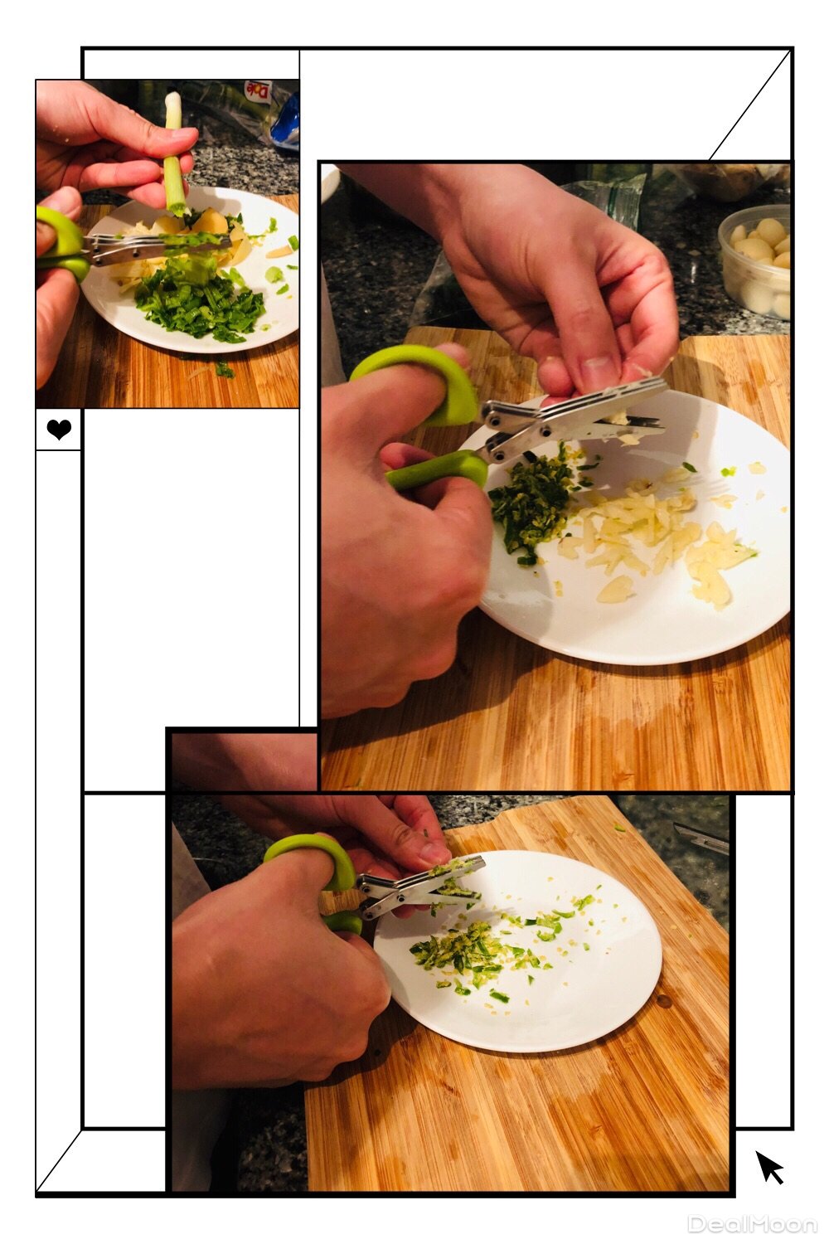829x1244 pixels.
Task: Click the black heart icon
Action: click(x=59, y=429)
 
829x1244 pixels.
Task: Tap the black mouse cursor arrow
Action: click(x=769, y=1167)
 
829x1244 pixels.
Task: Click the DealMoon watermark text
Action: click(x=753, y=1224)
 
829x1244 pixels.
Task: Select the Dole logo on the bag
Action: click(x=258, y=90)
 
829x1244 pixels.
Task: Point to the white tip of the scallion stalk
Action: click(x=173, y=101)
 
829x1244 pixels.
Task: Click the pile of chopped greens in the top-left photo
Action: click(x=200, y=305)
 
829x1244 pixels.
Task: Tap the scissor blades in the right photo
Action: click(x=578, y=416)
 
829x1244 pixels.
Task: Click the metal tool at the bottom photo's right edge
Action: click(x=701, y=839)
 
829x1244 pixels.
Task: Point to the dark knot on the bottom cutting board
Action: click(x=663, y=1001)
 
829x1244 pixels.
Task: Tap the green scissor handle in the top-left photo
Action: click(x=61, y=245)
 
